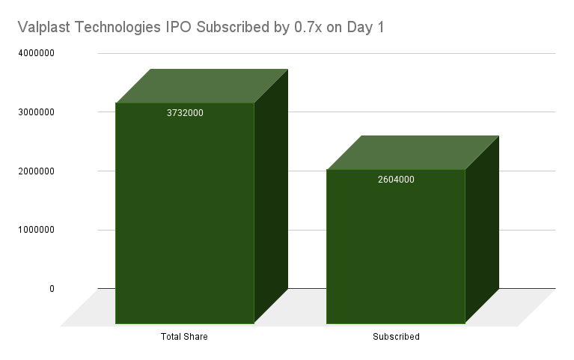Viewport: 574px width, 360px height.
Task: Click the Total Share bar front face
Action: [185, 217]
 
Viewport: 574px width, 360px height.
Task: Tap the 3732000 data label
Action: [185, 113]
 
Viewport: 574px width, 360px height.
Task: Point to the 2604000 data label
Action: [396, 180]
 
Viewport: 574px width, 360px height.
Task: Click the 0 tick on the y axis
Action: [52, 289]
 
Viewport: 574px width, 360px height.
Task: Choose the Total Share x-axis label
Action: [184, 337]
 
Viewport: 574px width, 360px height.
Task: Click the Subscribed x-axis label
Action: [396, 337]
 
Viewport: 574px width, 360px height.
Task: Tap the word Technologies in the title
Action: [126, 28]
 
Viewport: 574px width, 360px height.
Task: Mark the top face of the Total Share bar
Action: [202, 85]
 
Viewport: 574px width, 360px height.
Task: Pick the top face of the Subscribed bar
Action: [413, 153]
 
